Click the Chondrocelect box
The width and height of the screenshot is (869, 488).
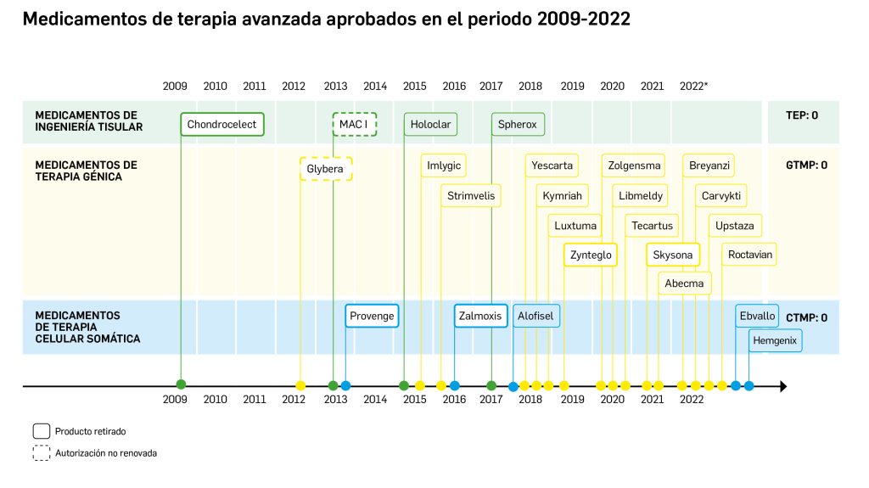(x=222, y=125)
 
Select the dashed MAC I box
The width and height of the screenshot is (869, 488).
(x=354, y=125)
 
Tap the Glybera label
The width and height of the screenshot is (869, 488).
(x=325, y=169)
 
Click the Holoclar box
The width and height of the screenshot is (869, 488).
(x=430, y=125)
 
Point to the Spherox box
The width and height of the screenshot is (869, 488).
(x=518, y=125)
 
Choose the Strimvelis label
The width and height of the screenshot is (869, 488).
(x=471, y=196)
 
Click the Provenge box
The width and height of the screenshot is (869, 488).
(x=372, y=316)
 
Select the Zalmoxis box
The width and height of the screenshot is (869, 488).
(x=480, y=316)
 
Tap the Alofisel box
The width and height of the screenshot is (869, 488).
(x=536, y=316)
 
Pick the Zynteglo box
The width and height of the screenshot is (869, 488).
(x=591, y=255)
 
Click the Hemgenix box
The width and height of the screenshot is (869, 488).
(x=776, y=340)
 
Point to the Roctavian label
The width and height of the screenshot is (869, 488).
(x=750, y=255)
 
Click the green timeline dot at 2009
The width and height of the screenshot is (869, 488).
(x=181, y=385)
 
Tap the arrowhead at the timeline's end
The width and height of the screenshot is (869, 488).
(x=782, y=386)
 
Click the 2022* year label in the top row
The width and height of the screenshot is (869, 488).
(x=694, y=86)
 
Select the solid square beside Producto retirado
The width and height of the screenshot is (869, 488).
(x=41, y=430)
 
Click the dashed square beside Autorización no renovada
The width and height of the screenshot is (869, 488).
(x=41, y=453)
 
